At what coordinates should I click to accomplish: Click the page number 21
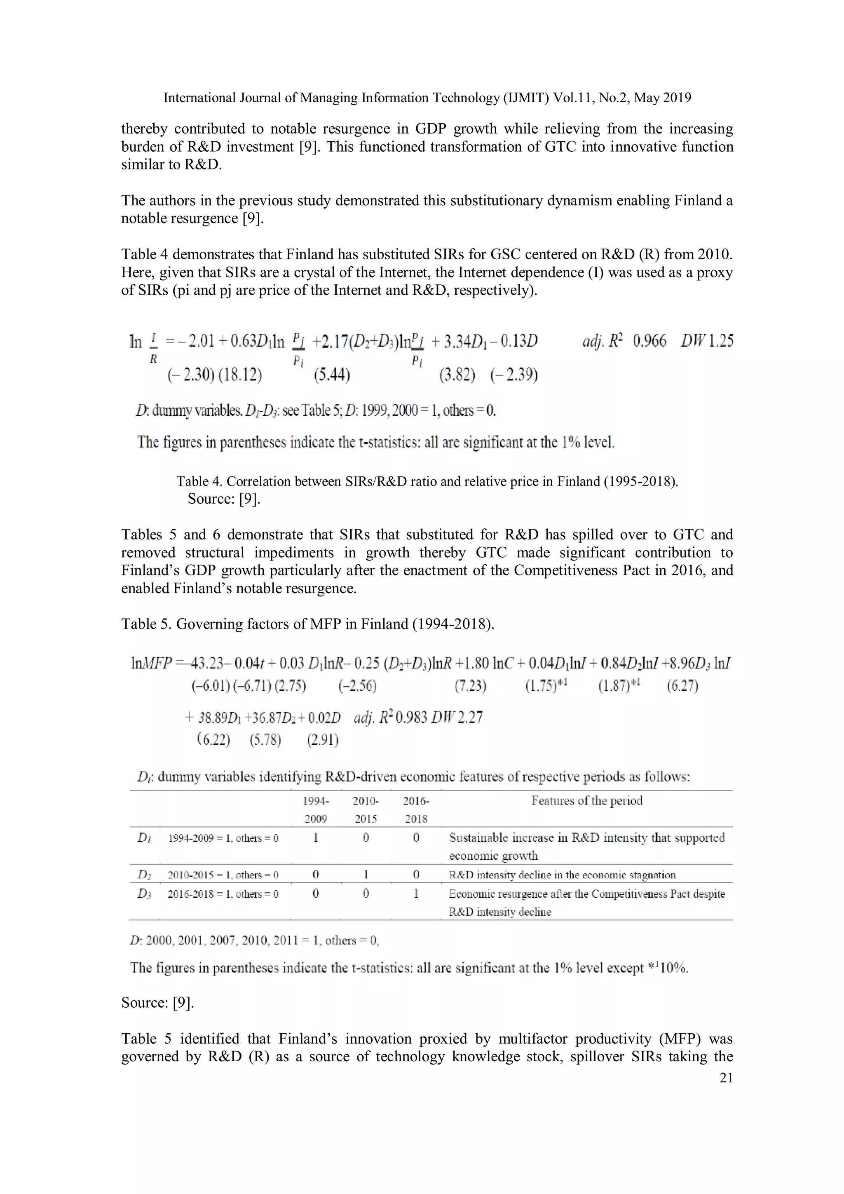(726, 1078)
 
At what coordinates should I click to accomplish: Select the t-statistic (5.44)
(332, 375)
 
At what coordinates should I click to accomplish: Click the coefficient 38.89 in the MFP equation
(213, 718)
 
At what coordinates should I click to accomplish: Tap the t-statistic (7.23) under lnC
(470, 686)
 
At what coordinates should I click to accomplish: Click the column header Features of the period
(586, 801)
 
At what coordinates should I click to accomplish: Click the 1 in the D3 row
(416, 894)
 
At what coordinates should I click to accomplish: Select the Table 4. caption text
(427, 481)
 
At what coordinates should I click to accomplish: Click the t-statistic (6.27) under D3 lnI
(682, 686)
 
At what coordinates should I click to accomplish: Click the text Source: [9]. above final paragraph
(157, 1003)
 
